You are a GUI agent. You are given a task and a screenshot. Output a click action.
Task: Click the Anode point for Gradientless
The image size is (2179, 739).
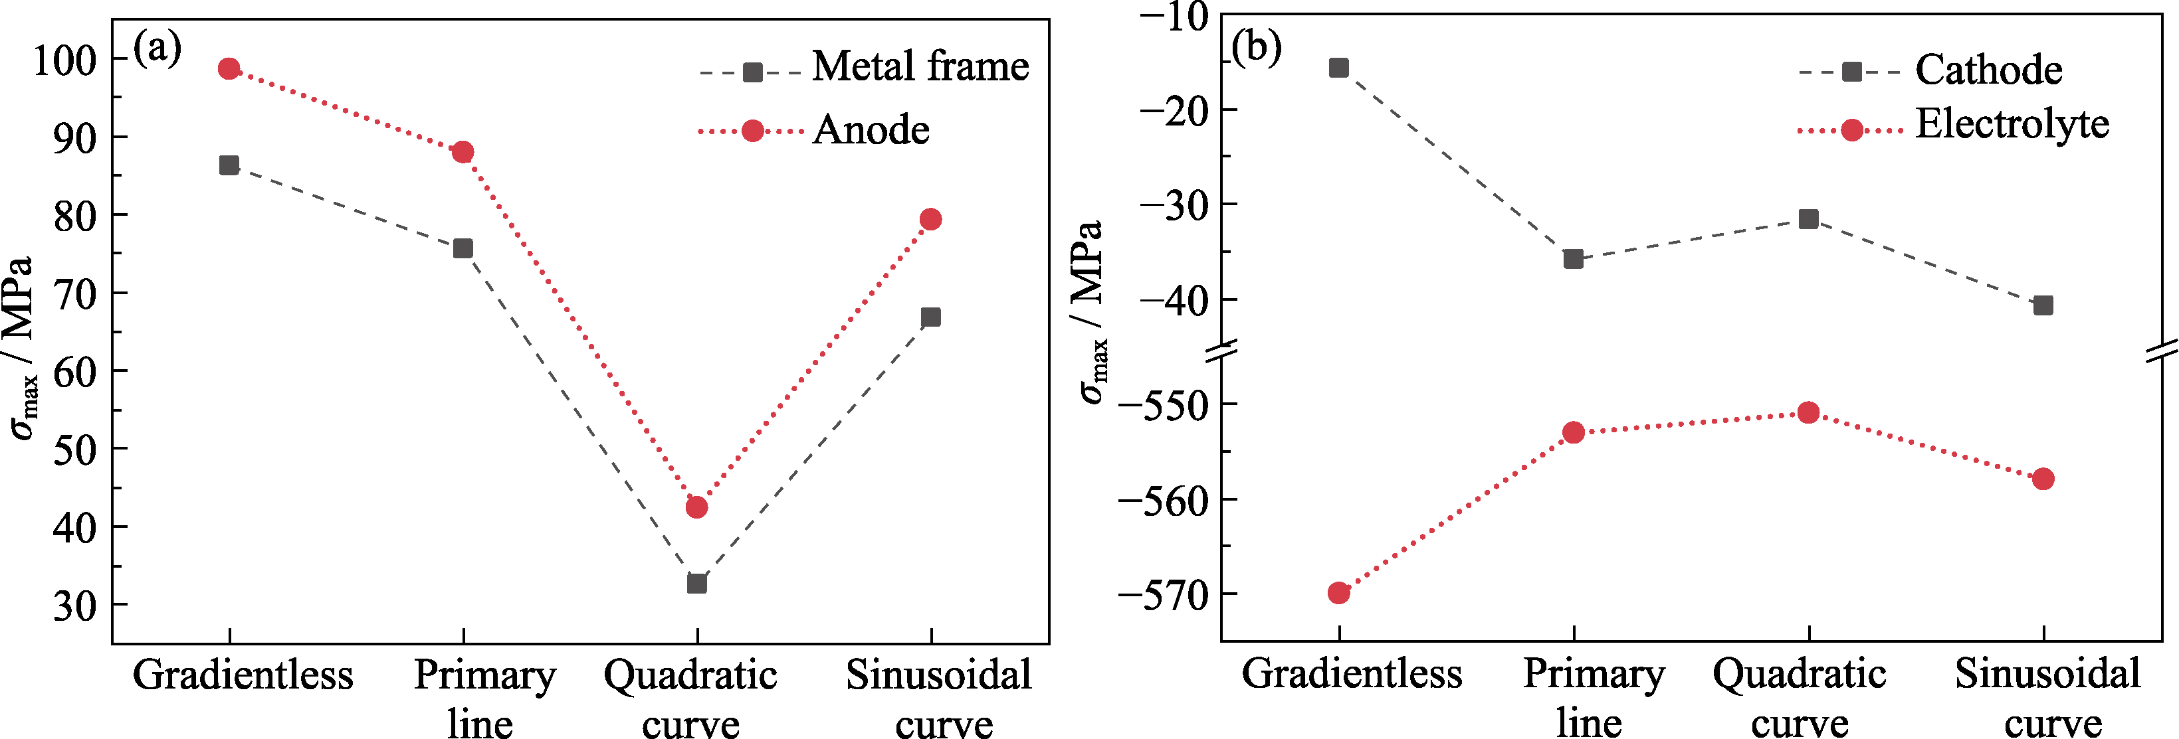[229, 68]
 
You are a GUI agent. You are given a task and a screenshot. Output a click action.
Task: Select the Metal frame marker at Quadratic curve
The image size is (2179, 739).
[696, 584]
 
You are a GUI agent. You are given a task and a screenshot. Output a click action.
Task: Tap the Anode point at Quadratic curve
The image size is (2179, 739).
[696, 507]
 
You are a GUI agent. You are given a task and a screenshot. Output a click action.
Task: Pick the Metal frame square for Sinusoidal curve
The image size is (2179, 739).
[930, 317]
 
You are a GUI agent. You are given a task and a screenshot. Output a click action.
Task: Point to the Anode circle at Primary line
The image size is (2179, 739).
[463, 152]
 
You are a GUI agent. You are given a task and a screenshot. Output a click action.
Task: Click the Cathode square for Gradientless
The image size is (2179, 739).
[1338, 68]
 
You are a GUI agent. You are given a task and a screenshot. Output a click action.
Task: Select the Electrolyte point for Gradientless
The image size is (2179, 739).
[1338, 593]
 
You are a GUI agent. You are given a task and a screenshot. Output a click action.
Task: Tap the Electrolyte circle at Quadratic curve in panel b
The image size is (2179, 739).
[1808, 412]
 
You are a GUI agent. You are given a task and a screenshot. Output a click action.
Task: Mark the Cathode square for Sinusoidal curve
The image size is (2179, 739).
[2043, 305]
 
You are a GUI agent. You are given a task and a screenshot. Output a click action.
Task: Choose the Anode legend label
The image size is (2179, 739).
[871, 129]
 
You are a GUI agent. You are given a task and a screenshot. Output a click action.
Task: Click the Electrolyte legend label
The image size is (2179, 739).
[2012, 124]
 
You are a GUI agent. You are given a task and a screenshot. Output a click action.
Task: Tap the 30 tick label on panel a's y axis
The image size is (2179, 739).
[74, 606]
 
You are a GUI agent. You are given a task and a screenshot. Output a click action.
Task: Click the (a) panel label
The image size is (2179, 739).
[157, 48]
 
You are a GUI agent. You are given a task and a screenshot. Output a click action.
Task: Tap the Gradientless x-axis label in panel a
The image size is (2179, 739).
[243, 675]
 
